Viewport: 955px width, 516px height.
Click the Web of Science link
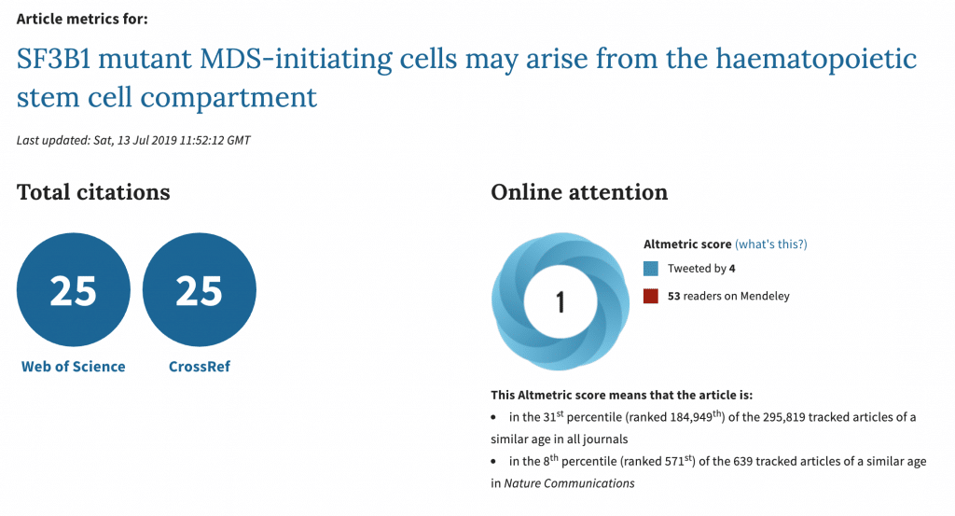click(73, 366)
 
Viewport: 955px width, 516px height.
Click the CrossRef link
click(200, 366)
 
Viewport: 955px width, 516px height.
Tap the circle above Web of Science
click(73, 289)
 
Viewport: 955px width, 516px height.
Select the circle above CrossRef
click(200, 289)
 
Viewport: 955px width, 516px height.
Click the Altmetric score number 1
click(561, 302)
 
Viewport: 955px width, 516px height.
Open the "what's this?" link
click(771, 244)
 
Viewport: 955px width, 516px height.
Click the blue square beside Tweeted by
click(650, 269)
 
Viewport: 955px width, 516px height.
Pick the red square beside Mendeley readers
click(650, 296)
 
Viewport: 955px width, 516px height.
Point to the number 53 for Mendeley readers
click(673, 296)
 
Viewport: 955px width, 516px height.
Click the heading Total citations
click(93, 192)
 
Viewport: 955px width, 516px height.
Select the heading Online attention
click(579, 192)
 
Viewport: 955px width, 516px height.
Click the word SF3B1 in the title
click(53, 59)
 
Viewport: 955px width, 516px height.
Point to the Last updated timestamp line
click(133, 140)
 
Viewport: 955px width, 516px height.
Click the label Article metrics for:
click(82, 19)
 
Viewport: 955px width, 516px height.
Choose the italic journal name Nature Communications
click(569, 483)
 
